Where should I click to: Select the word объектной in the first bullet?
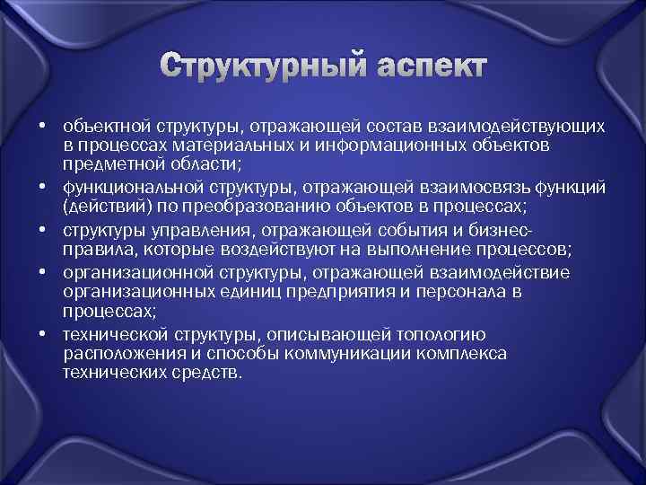(100, 126)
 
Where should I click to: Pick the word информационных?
(342, 145)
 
